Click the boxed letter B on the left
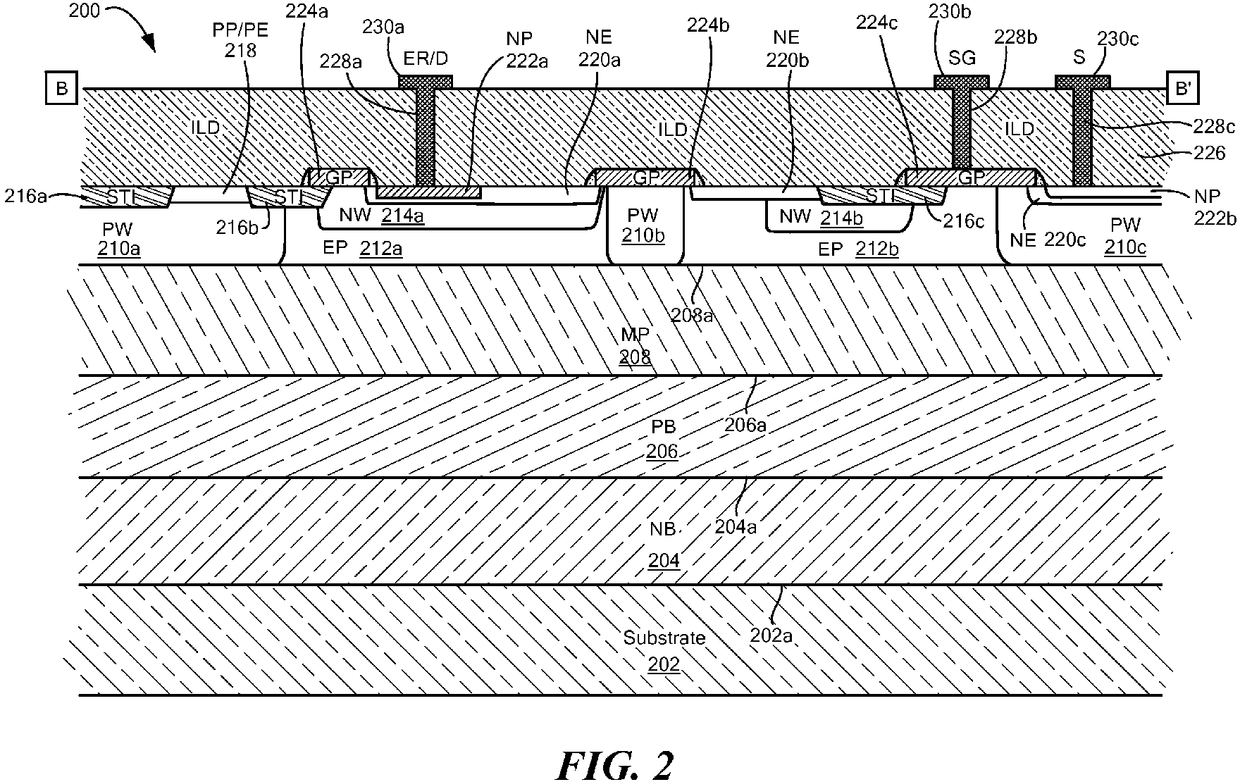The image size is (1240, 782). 62,89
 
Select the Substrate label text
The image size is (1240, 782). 664,638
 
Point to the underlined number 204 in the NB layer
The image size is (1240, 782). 664,560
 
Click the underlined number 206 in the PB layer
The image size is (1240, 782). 662,452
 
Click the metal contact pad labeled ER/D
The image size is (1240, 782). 426,82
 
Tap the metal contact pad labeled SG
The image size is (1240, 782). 961,82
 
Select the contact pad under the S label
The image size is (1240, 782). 1083,82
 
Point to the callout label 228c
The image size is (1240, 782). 1214,126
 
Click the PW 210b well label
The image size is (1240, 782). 642,225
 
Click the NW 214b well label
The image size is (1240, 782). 821,217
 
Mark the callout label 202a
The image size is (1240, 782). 770,635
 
